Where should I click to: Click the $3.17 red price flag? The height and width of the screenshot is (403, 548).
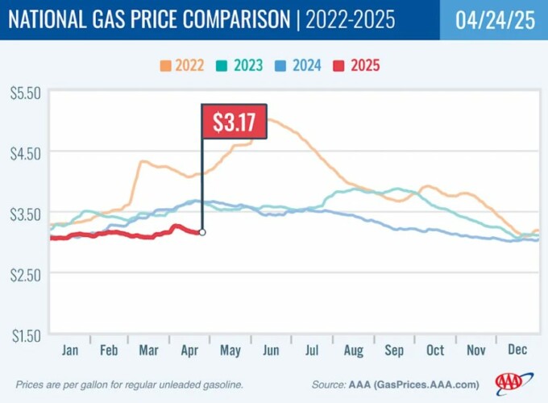[x=234, y=123]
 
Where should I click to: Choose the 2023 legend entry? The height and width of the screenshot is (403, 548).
[x=239, y=65]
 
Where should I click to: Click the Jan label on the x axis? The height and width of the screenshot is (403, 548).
[x=71, y=351]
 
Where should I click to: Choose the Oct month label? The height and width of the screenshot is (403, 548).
[x=435, y=351]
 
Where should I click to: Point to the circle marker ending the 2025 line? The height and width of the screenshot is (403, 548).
[x=201, y=232]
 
